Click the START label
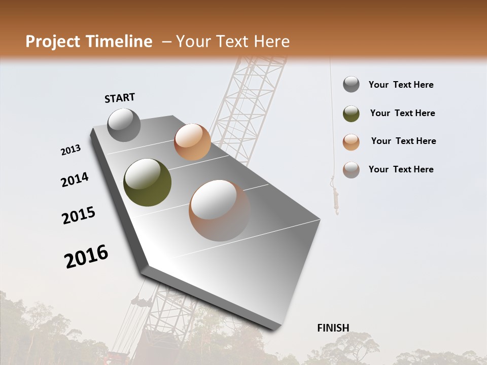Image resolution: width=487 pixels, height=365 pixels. tap(120, 98)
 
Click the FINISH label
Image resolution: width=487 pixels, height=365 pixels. tap(333, 328)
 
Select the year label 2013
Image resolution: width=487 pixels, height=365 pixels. tap(71, 150)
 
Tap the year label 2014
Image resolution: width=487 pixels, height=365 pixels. tap(75, 180)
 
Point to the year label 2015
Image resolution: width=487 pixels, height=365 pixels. tap(79, 215)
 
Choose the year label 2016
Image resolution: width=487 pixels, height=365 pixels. tap(86, 257)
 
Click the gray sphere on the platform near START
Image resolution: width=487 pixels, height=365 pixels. tap(124, 125)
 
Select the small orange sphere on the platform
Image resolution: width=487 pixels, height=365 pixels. tap(192, 142)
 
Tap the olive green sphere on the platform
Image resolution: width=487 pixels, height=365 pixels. tap(147, 182)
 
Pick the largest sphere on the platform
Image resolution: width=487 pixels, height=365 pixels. tap(220, 210)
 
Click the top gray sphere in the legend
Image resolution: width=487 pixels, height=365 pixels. tap(351, 85)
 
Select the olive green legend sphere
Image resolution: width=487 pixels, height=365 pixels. tap(351, 114)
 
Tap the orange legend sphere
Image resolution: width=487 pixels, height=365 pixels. tap(351, 142)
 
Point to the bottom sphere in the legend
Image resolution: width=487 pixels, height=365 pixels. tap(351, 170)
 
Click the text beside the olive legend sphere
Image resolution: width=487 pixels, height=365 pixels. tap(402, 113)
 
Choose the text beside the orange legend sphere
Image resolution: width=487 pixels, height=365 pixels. tap(403, 141)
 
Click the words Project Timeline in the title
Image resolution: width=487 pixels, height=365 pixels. tap(89, 42)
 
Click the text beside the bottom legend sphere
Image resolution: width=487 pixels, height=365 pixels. tap(401, 169)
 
